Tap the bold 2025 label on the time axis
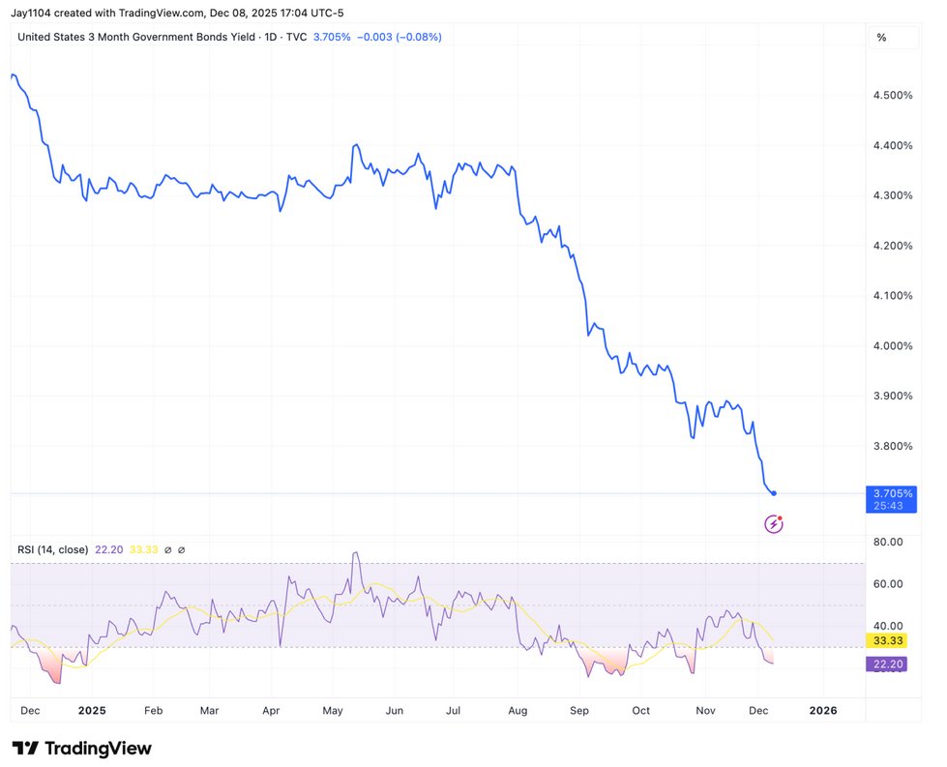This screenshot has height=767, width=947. point(91,711)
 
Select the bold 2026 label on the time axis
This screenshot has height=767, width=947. point(822,711)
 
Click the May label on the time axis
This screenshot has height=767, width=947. point(333,711)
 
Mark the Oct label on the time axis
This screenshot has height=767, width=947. point(640,711)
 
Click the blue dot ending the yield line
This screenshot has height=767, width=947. point(774,493)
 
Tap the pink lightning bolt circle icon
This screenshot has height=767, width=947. point(774,523)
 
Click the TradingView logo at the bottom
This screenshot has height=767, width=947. point(82,749)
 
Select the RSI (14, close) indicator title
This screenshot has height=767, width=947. point(53,549)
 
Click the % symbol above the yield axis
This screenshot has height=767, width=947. point(881,37)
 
